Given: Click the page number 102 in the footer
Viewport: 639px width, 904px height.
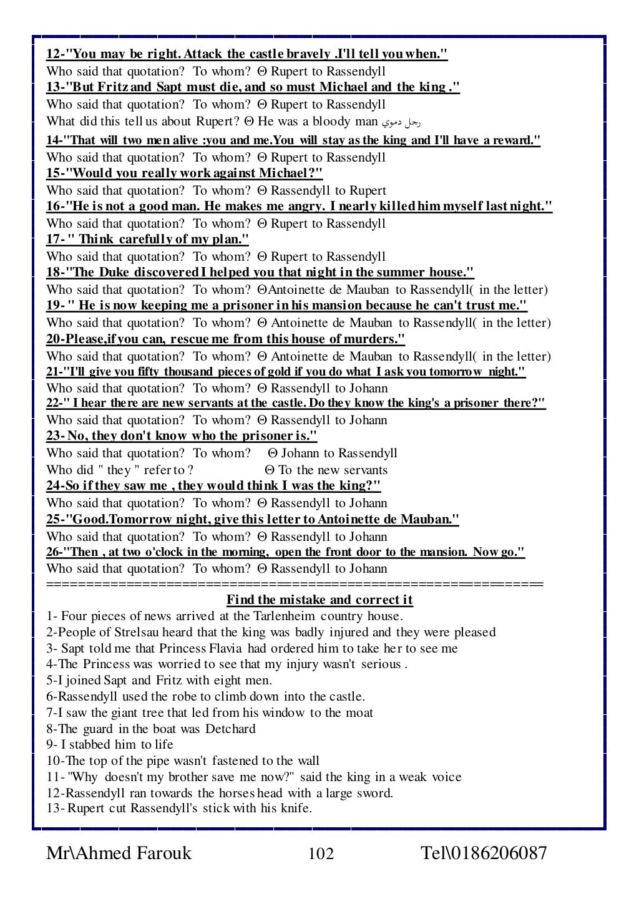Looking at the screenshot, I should (321, 853).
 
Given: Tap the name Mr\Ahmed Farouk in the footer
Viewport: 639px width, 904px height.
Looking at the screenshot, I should (119, 853).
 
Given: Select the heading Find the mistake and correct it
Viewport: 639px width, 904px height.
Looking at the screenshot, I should (319, 600).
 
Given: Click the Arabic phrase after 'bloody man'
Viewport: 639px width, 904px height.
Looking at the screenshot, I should (406, 122).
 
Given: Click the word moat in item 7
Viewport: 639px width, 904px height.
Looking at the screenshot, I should (360, 712).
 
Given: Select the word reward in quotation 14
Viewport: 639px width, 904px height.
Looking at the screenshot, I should (514, 140).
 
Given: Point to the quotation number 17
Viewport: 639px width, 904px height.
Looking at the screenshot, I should (54, 240).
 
